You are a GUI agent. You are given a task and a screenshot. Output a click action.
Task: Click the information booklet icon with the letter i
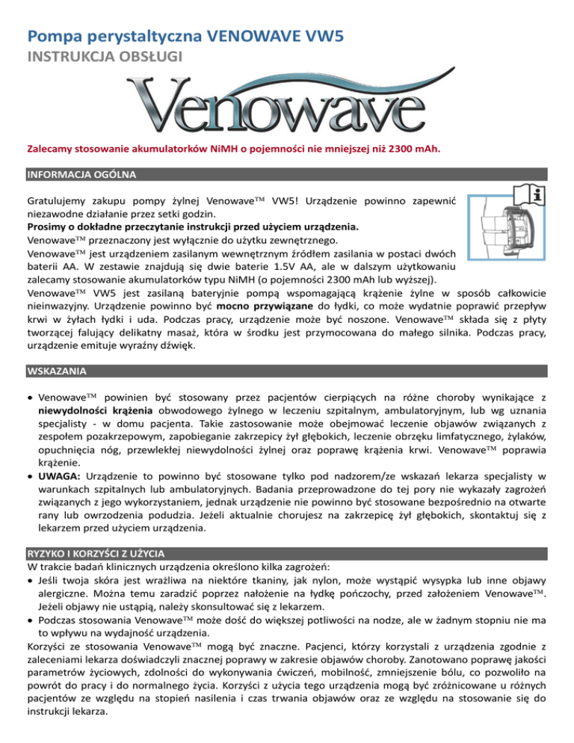pyautogui.click(x=536, y=195)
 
